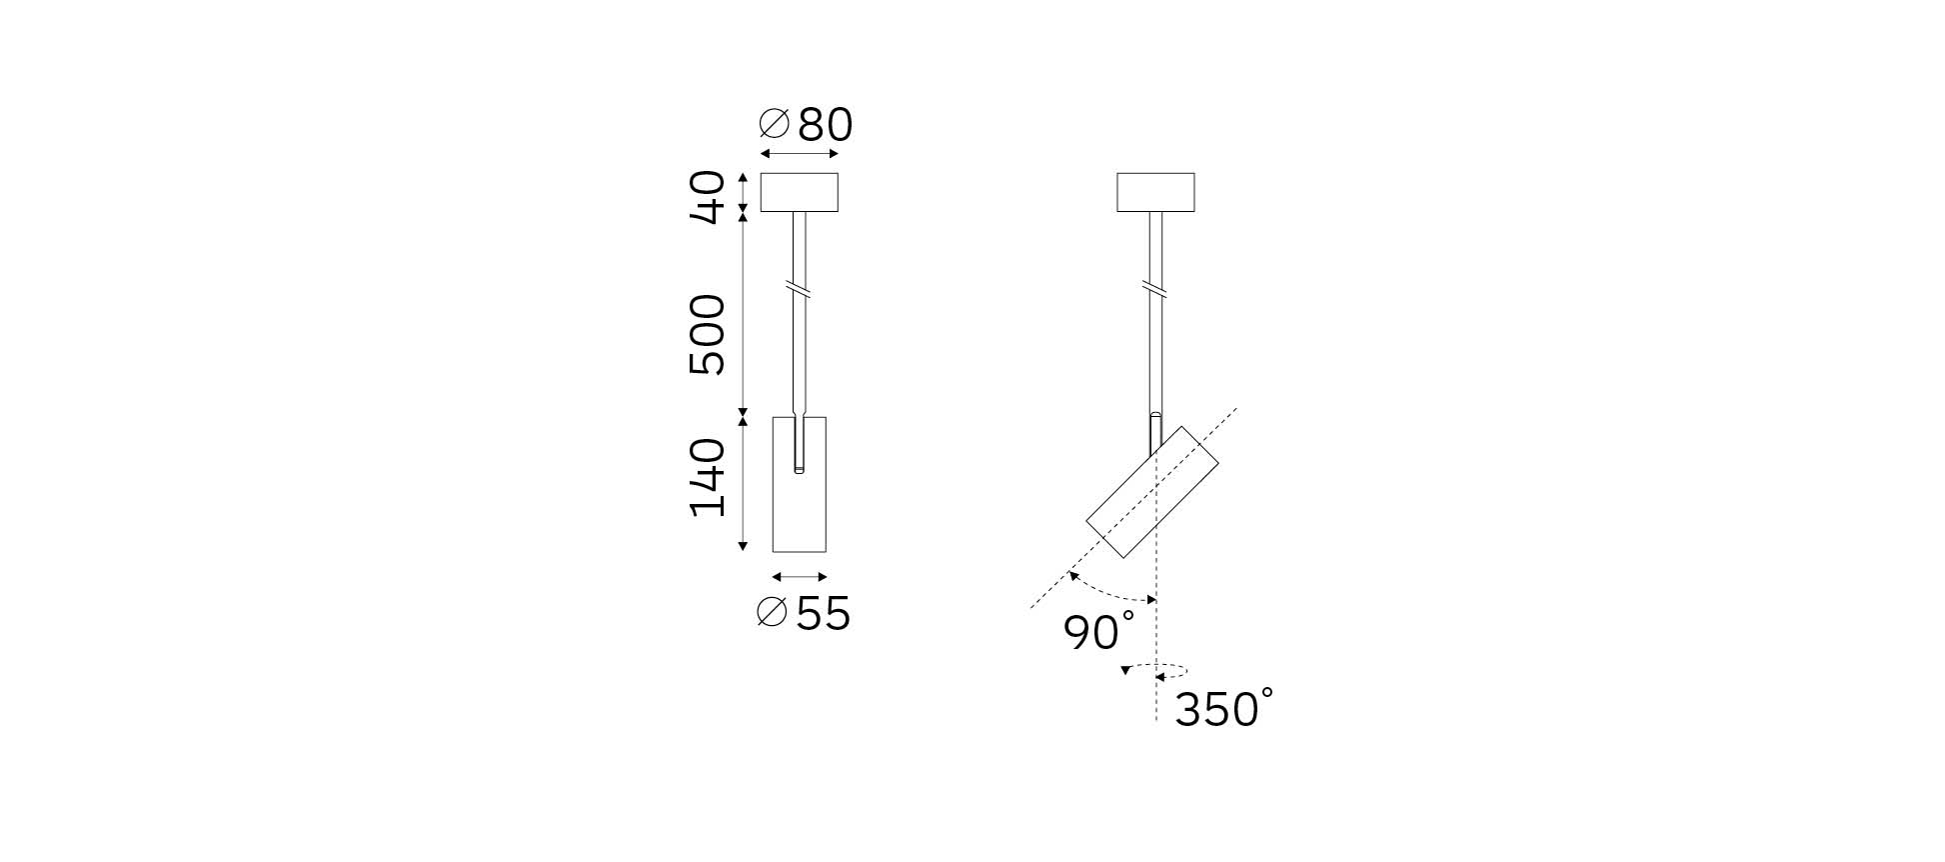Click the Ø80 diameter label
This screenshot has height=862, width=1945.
click(x=806, y=125)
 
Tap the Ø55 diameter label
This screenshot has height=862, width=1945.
click(x=804, y=613)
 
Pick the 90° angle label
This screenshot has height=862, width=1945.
click(x=1099, y=632)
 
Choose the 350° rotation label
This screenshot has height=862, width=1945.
click(x=1224, y=708)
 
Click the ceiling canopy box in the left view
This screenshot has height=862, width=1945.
click(x=799, y=192)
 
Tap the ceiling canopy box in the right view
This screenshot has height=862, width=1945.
click(x=1155, y=192)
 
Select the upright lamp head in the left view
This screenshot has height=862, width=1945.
click(x=800, y=484)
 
